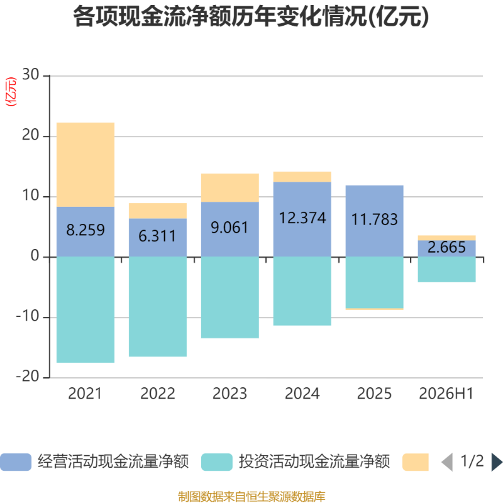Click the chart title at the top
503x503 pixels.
[251, 17]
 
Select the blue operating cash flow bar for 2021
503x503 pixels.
[86, 231]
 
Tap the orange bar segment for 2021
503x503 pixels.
[86, 165]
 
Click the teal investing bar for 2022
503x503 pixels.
[158, 306]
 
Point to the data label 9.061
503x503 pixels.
[229, 228]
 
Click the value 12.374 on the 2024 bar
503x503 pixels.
[302, 218]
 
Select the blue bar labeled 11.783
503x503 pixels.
[374, 221]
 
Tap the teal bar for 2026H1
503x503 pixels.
[446, 270]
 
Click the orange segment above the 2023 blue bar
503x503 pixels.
[230, 187]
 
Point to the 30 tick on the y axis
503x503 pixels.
[31, 75]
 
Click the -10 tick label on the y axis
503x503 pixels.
[28, 316]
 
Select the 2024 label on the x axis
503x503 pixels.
[302, 394]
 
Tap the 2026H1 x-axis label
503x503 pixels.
[446, 394]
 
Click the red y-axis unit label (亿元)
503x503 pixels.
[11, 91]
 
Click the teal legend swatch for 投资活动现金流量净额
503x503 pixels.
[217, 462]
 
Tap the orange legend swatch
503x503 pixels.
[416, 462]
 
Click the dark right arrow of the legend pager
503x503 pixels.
[497, 462]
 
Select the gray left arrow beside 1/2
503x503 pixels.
[447, 462]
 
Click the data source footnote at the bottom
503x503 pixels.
[251, 496]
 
